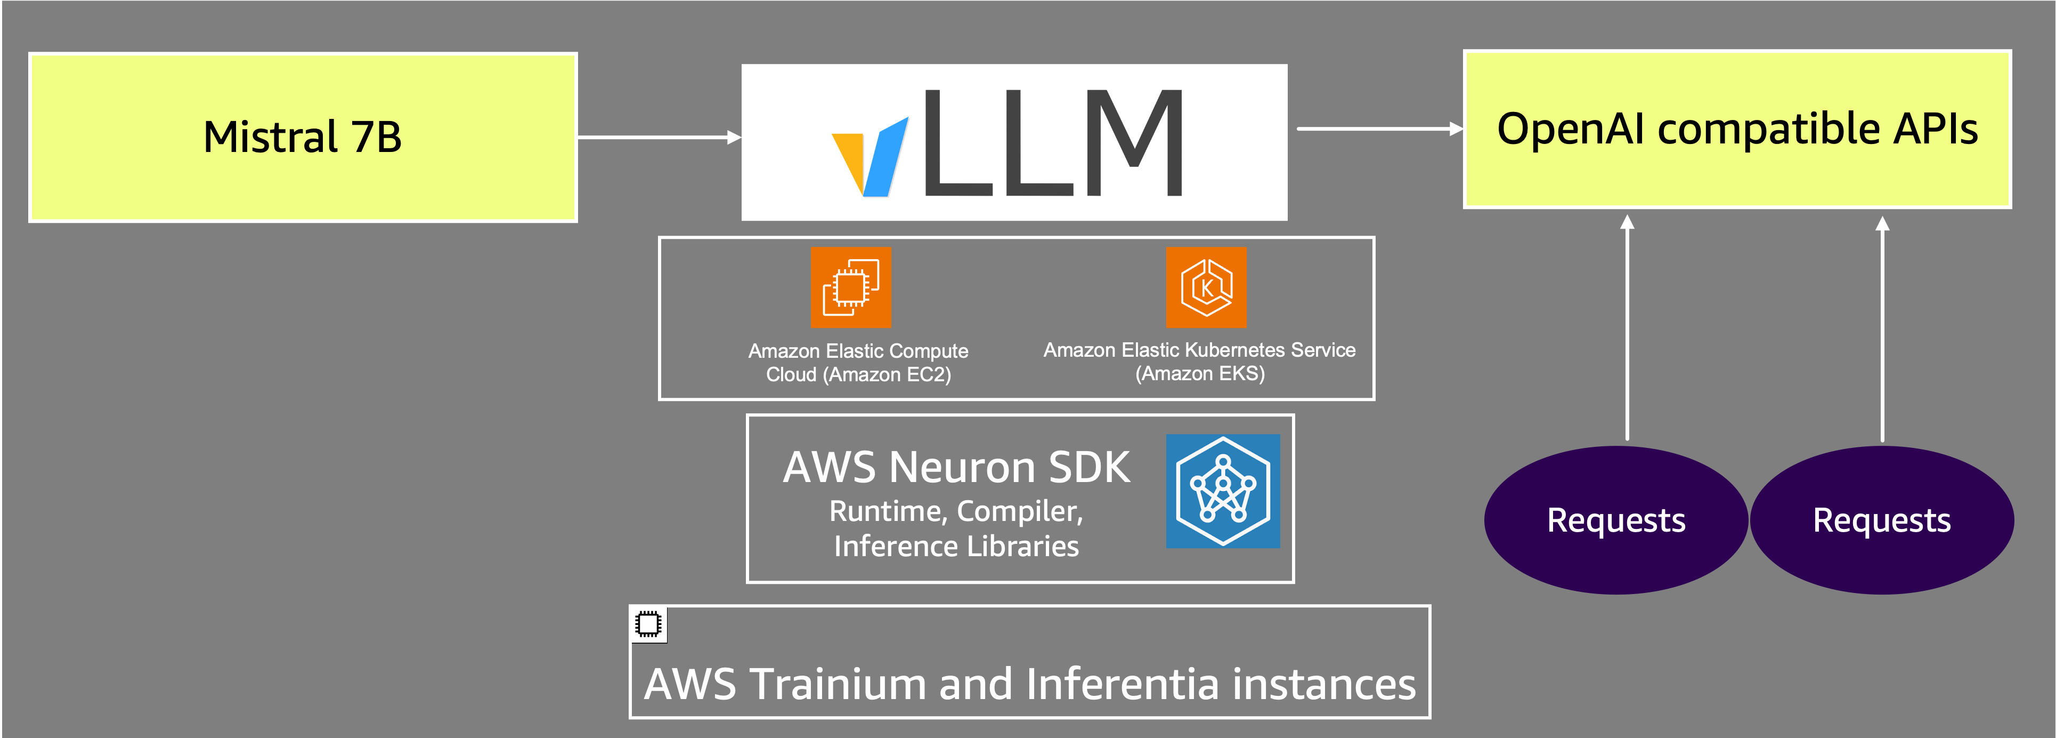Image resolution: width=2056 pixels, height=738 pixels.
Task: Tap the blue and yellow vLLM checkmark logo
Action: point(870,157)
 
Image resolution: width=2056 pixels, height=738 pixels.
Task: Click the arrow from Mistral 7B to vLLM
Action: point(659,138)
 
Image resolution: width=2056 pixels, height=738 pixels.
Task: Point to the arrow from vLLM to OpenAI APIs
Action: point(1380,129)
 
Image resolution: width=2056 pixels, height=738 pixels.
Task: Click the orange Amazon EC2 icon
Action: point(851,287)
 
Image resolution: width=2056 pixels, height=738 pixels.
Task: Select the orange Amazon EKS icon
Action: point(1206,287)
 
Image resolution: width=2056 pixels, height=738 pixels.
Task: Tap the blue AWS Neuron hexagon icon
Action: point(1223,491)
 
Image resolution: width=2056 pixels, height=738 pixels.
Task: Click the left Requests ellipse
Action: point(1616,520)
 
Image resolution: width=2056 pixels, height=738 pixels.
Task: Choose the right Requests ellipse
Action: point(1882,520)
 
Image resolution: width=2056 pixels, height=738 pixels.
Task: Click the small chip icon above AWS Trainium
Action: point(648,624)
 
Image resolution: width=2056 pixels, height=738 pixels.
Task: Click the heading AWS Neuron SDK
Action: point(956,467)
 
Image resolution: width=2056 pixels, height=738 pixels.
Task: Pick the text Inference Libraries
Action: point(956,547)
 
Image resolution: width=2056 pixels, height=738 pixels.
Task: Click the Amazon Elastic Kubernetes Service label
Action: point(1200,361)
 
